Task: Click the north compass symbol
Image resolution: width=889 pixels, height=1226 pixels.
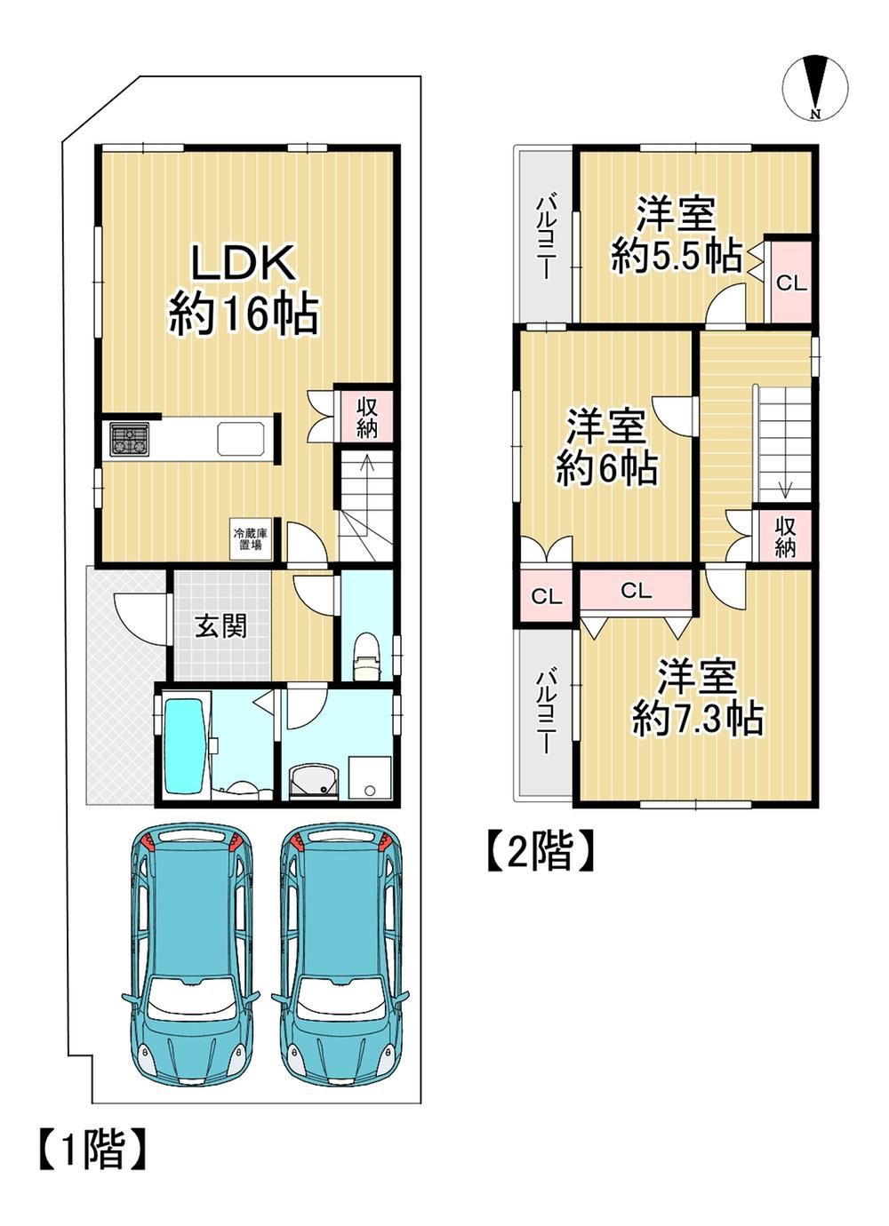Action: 815,88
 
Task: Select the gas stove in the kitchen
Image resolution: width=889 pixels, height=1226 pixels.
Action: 131,440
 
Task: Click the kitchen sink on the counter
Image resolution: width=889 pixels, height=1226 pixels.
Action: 241,439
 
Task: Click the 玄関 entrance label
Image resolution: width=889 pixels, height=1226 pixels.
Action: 222,625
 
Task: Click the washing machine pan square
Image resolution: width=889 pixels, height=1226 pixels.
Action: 370,777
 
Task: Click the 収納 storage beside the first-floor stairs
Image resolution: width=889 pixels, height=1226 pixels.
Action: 367,418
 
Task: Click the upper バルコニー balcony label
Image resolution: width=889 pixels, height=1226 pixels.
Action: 544,239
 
